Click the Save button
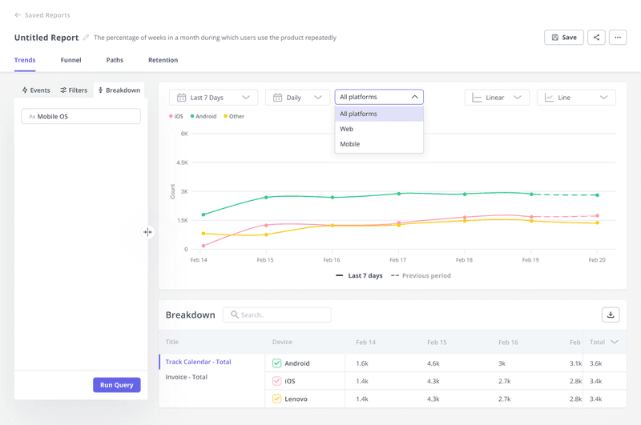click(563, 38)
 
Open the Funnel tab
click(71, 60)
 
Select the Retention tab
click(163, 60)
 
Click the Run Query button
click(116, 385)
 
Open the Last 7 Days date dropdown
click(213, 98)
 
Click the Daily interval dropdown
click(297, 98)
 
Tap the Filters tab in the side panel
click(74, 90)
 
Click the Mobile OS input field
click(81, 117)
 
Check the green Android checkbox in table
click(276, 363)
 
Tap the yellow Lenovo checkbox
click(276, 399)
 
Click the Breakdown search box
click(277, 315)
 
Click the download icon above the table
click(611, 315)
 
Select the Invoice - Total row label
click(187, 377)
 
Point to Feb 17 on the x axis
click(397, 260)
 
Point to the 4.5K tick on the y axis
click(181, 162)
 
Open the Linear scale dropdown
click(497, 98)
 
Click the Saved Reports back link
click(42, 15)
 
